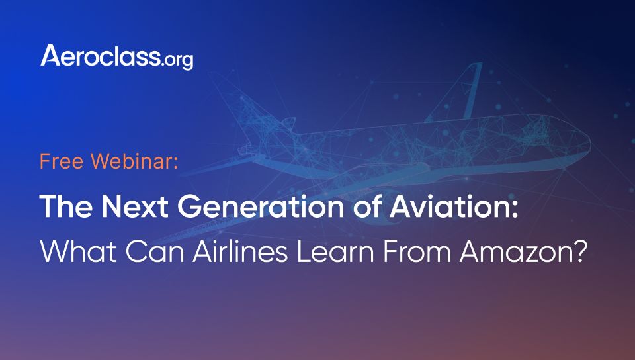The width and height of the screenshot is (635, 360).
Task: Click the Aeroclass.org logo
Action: point(116,56)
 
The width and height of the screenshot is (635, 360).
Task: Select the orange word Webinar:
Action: point(134,161)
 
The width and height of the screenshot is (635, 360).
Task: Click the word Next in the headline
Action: point(135,206)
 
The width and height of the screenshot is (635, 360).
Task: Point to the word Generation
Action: point(261,206)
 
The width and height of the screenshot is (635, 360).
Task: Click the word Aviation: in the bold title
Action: point(454,206)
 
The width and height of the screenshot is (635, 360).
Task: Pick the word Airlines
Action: point(240,251)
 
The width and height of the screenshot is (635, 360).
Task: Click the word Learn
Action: point(335,251)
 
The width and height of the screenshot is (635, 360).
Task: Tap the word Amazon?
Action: point(523,251)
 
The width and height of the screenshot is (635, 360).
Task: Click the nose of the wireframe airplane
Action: point(587,142)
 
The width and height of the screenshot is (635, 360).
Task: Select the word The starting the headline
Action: point(67,206)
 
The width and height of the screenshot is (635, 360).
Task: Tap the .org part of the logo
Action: point(177,60)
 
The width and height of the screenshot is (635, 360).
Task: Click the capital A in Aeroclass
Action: point(51,55)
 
